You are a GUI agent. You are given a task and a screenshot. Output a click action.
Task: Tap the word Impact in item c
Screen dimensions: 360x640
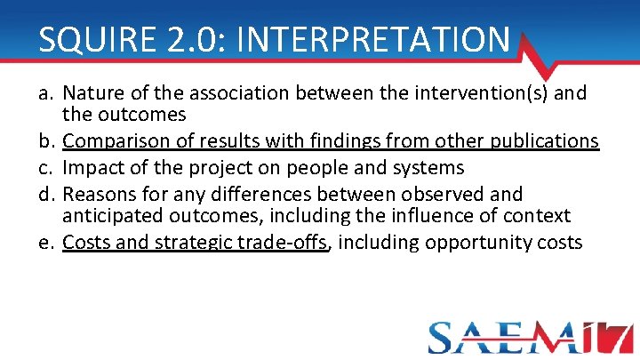click(x=92, y=167)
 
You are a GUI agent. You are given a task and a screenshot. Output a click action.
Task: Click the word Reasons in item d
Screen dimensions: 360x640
click(x=99, y=193)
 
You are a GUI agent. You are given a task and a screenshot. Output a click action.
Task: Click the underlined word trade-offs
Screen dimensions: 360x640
click(x=291, y=242)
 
